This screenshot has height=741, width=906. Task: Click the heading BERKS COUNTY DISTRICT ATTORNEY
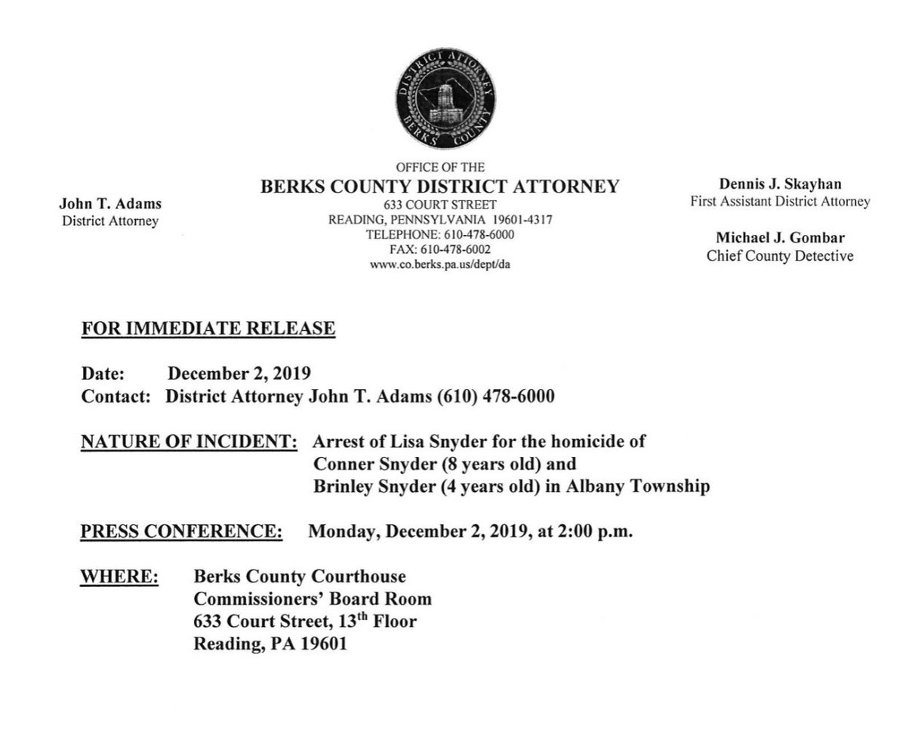pyautogui.click(x=440, y=187)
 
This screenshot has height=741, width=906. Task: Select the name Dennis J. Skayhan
pyautogui.click(x=779, y=184)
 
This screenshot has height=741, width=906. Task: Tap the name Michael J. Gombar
pyautogui.click(x=780, y=239)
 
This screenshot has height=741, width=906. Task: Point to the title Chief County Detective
pyautogui.click(x=780, y=256)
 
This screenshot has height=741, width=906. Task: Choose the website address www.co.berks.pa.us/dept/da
pyautogui.click(x=440, y=264)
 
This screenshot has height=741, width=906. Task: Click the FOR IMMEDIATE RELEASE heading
pyautogui.click(x=208, y=329)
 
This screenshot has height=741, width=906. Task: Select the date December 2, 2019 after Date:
pyautogui.click(x=239, y=373)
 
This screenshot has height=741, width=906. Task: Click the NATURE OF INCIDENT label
pyautogui.click(x=189, y=441)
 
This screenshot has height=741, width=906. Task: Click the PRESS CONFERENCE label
pyautogui.click(x=182, y=531)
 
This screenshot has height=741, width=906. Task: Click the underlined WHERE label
pyautogui.click(x=119, y=577)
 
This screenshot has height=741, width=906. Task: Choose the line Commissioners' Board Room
pyautogui.click(x=313, y=600)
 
